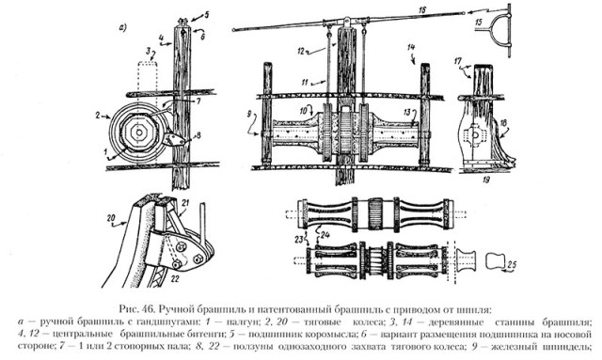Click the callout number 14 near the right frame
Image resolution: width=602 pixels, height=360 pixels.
coord(411,46)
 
